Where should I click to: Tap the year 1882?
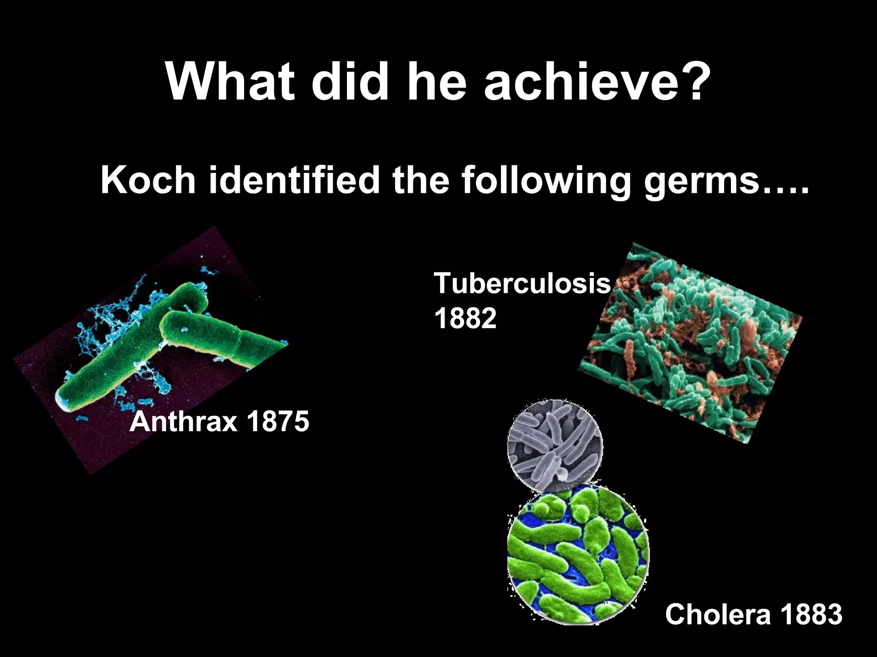tap(465, 318)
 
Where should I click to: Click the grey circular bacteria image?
tap(555, 445)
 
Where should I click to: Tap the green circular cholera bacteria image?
tap(578, 556)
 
